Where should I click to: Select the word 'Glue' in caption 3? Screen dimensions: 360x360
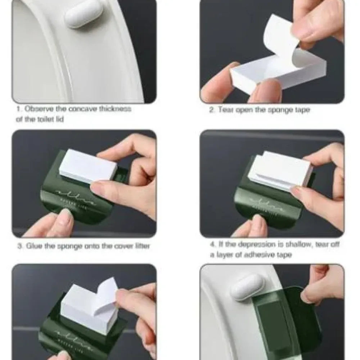coord(33,247)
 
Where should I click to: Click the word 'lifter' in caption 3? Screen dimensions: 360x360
coord(140,247)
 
